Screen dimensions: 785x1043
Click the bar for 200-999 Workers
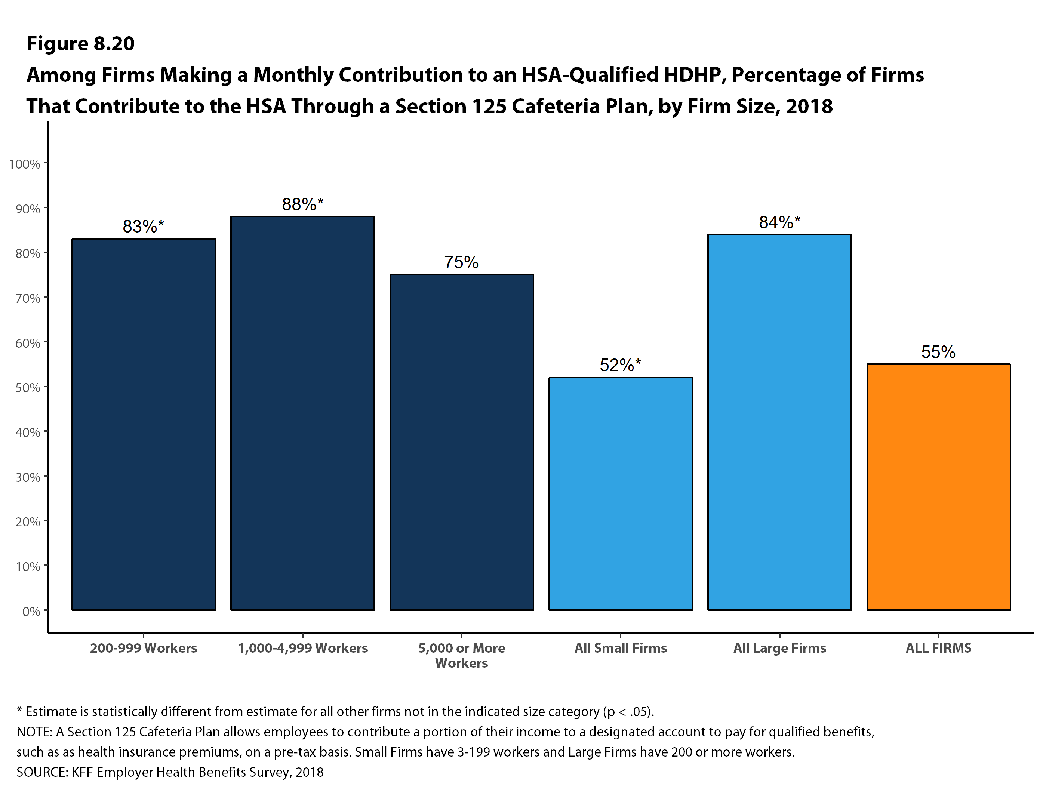point(143,424)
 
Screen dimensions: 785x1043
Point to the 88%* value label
point(302,204)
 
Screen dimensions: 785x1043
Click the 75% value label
point(461,262)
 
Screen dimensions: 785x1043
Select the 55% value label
point(938,352)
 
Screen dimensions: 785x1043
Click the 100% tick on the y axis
point(25,164)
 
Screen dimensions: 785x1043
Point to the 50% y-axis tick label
point(27,388)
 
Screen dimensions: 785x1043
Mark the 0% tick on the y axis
point(31,612)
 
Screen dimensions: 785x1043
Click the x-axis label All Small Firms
point(621,648)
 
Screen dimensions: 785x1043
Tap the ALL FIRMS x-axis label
point(938,648)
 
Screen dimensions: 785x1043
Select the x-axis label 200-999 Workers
point(143,648)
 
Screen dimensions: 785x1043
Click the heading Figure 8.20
point(80,43)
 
